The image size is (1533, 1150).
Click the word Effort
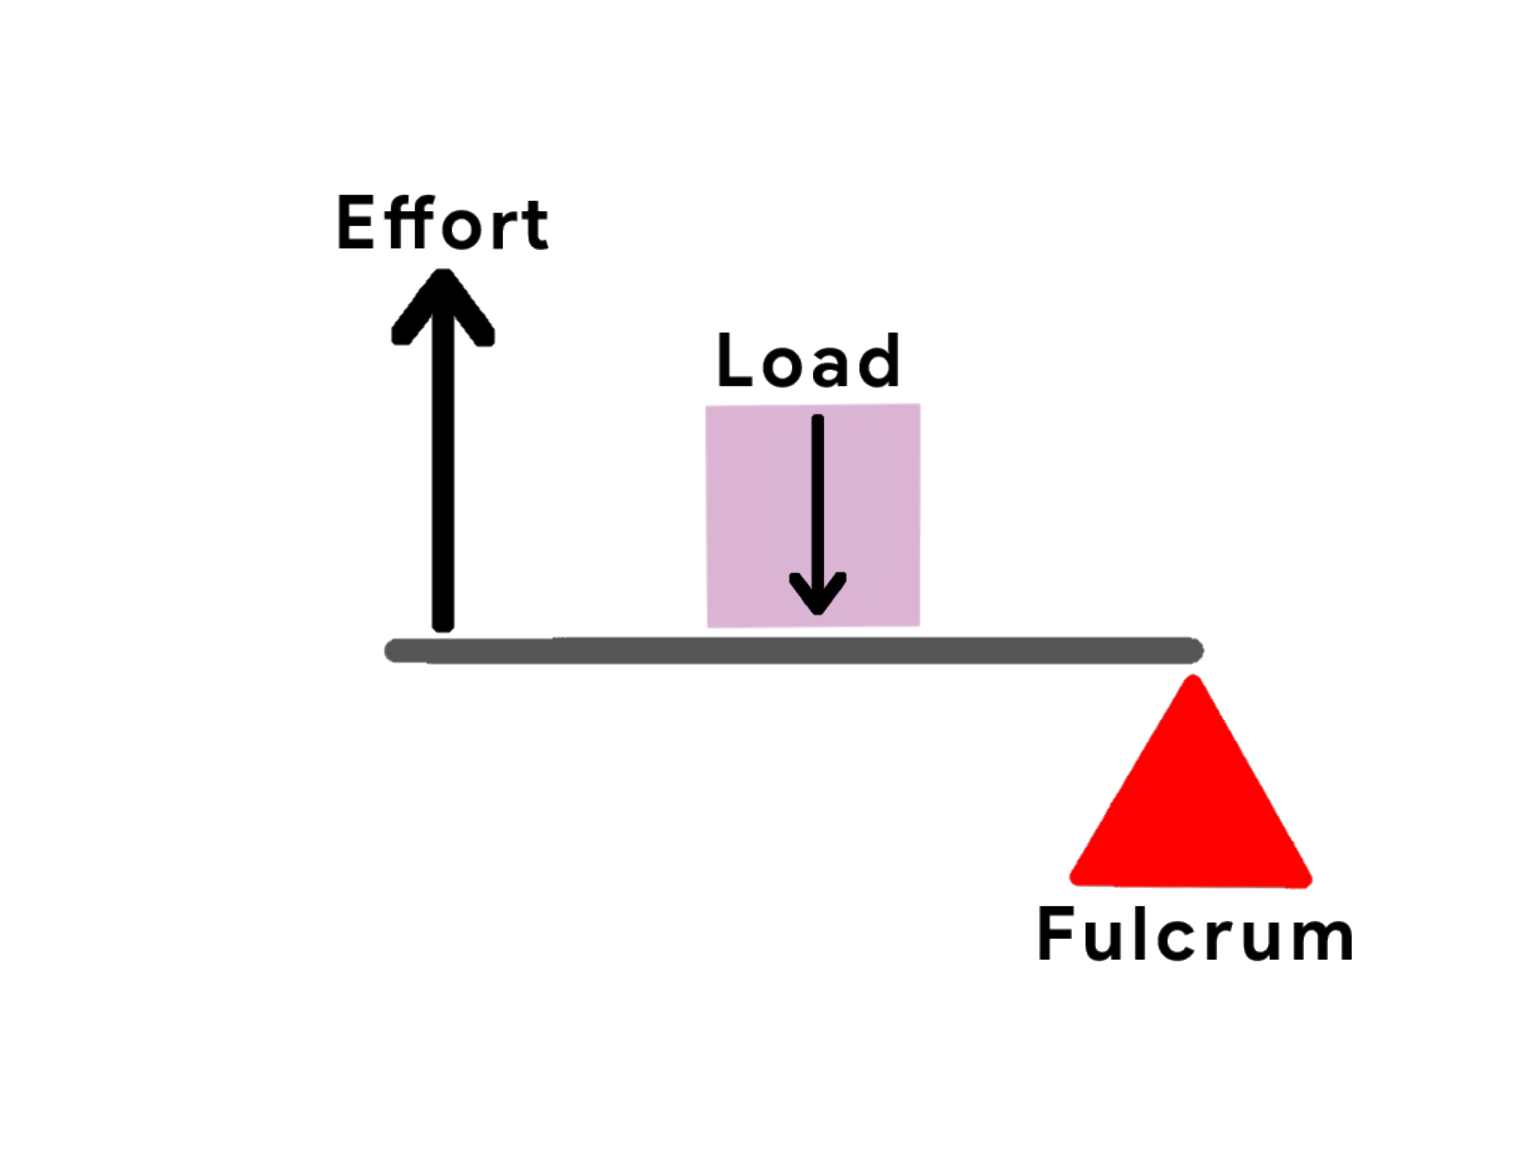click(442, 223)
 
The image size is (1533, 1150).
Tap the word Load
click(808, 361)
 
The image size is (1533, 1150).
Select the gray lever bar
click(793, 650)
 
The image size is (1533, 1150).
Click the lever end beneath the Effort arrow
click(397, 651)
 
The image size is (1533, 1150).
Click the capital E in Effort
click(355, 223)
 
